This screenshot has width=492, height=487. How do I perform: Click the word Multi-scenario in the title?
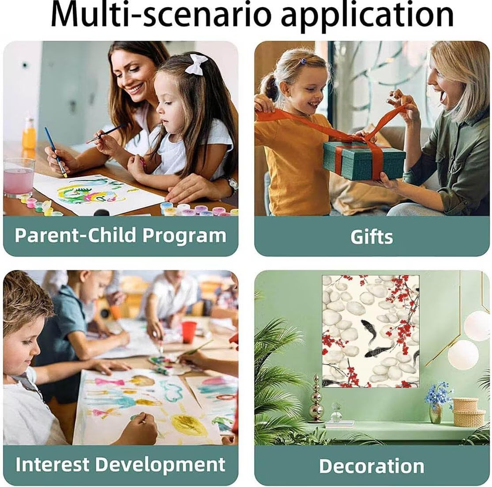coord(161,15)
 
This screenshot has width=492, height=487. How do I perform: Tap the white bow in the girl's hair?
coord(196,64)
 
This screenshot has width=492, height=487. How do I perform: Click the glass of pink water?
coord(19,178)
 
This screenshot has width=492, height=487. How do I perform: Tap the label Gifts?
coord(372,237)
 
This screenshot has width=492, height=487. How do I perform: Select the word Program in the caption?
coord(184,236)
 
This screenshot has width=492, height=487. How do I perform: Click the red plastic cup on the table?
coord(189,332)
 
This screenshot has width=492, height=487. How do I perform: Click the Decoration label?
coord(372,466)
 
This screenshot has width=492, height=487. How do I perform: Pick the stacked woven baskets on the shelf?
coord(466,411)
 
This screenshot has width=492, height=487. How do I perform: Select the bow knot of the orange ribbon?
coord(366,137)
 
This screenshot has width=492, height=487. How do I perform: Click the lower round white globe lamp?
coord(463,355)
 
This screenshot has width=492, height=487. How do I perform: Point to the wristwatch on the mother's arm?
coord(232,185)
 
